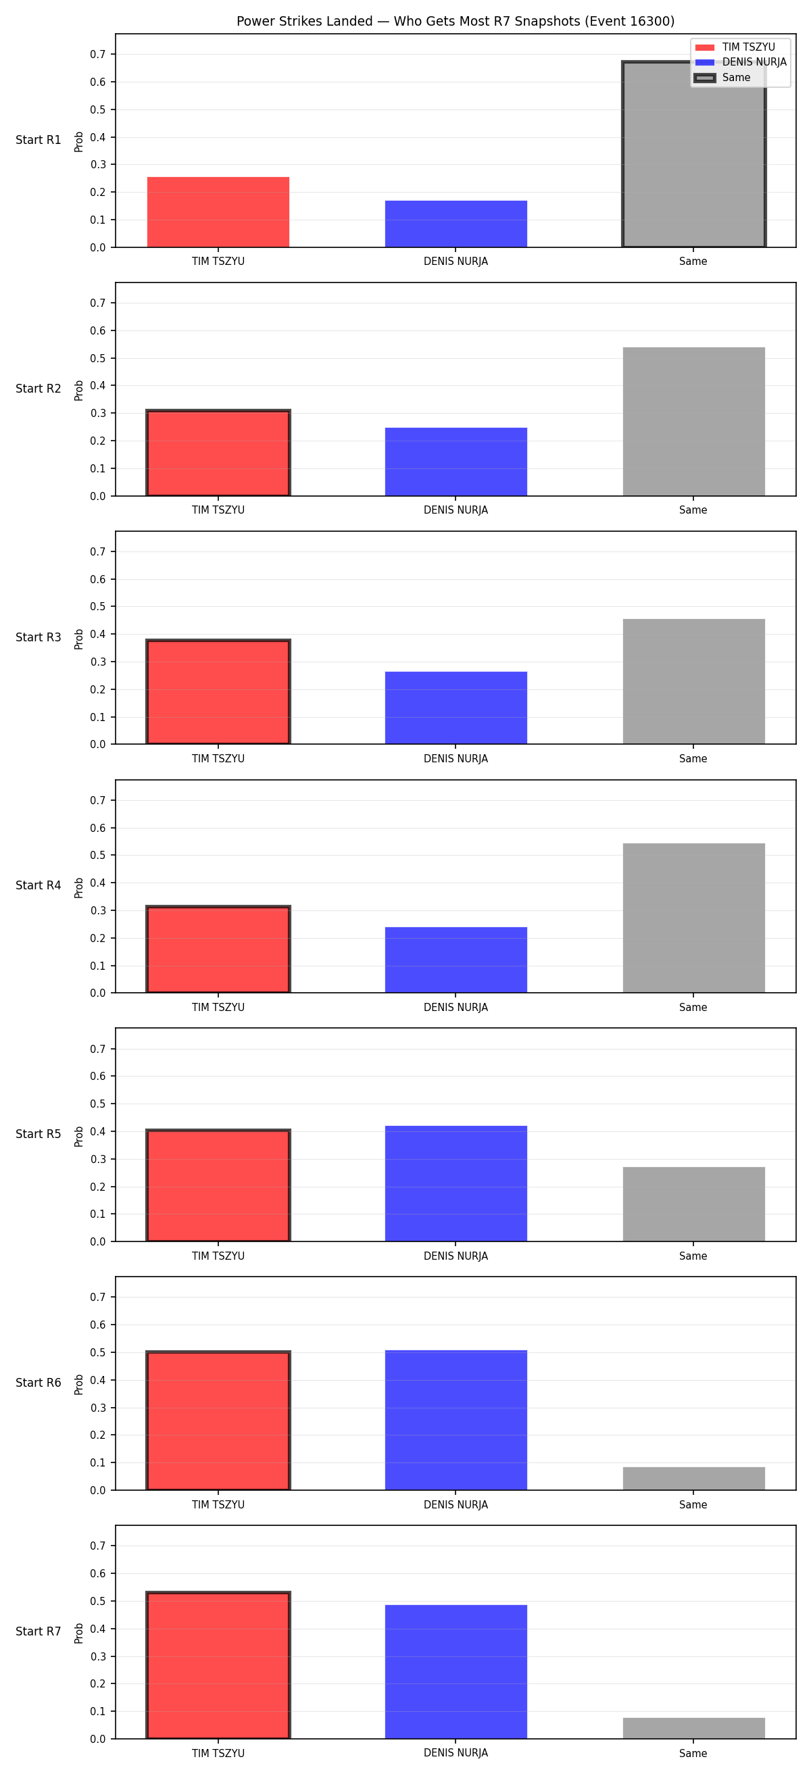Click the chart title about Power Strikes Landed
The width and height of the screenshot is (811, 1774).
point(455,22)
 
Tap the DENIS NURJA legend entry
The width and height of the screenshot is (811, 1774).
point(740,62)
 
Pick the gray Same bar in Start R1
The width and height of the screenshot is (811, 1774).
point(693,154)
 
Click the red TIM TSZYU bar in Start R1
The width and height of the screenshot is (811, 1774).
point(218,212)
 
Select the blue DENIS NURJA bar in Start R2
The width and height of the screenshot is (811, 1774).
point(456,462)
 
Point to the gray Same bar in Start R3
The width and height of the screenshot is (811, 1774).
point(693,681)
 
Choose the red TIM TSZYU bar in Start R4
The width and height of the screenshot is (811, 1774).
point(218,949)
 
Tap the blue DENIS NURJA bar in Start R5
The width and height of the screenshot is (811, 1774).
point(456,1183)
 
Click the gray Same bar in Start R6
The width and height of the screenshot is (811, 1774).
point(693,1478)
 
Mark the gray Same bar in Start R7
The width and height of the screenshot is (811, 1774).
point(693,1728)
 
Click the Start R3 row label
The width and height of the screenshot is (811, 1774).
point(39,637)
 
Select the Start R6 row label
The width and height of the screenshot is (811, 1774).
point(39,1383)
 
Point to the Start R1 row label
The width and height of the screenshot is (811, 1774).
point(39,140)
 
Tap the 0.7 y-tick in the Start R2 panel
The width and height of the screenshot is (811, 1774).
point(98,303)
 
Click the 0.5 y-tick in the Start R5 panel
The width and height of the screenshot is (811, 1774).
point(98,1104)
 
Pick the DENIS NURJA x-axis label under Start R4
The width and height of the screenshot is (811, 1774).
point(456,1008)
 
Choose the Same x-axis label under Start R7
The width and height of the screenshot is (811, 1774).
point(693,1753)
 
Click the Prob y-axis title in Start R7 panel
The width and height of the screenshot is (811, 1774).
point(79,1633)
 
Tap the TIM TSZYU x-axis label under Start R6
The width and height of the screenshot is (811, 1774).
point(218,1505)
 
